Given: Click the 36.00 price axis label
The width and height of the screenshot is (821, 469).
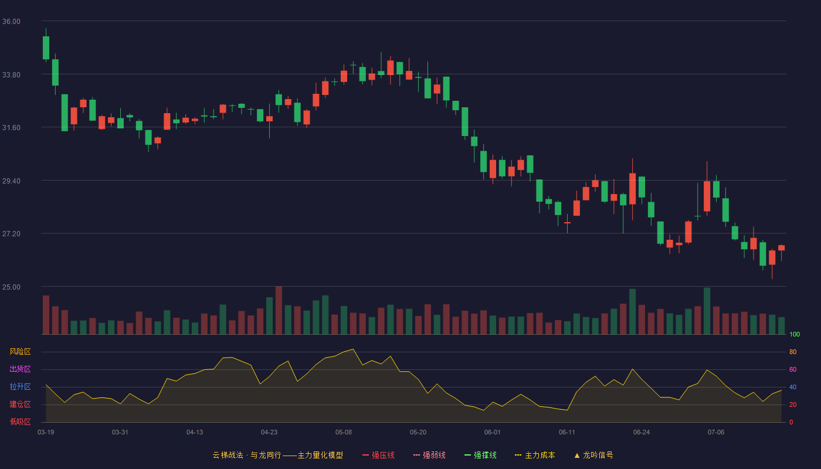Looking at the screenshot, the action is pyautogui.click(x=11, y=22).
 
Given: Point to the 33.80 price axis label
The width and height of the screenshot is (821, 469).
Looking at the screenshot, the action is pyautogui.click(x=11, y=75).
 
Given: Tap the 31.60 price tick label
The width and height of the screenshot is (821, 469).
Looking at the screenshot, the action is pyautogui.click(x=11, y=128).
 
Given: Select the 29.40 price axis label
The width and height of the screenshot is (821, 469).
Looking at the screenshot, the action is pyautogui.click(x=11, y=181).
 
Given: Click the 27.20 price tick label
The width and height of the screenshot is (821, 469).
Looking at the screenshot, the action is pyautogui.click(x=11, y=234).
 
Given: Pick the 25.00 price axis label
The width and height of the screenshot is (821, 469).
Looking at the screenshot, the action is pyautogui.click(x=11, y=287).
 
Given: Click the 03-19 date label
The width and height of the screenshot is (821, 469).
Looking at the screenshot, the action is pyautogui.click(x=46, y=433).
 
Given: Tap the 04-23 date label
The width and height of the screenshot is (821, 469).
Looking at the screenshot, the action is pyautogui.click(x=269, y=433).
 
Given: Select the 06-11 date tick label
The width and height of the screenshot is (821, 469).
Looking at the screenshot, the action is pyautogui.click(x=567, y=433).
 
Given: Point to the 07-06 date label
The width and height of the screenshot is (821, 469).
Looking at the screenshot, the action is pyautogui.click(x=716, y=433).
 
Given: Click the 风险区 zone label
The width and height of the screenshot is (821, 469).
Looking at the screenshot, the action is pyautogui.click(x=20, y=351).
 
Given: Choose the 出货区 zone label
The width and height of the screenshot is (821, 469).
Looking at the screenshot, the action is pyautogui.click(x=20, y=369).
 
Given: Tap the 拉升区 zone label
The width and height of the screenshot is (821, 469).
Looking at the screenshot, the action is pyautogui.click(x=20, y=386).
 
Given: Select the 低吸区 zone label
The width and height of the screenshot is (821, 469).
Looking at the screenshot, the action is pyautogui.click(x=20, y=422).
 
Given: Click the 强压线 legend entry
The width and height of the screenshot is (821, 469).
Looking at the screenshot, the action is pyautogui.click(x=378, y=455).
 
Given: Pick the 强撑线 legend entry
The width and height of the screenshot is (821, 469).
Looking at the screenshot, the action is pyautogui.click(x=480, y=455).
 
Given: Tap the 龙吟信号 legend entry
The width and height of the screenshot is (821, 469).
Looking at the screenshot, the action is pyautogui.click(x=593, y=455).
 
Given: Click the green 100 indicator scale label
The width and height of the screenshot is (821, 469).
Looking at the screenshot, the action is pyautogui.click(x=795, y=334).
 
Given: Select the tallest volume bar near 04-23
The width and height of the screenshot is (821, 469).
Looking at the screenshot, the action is pyautogui.click(x=279, y=310).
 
